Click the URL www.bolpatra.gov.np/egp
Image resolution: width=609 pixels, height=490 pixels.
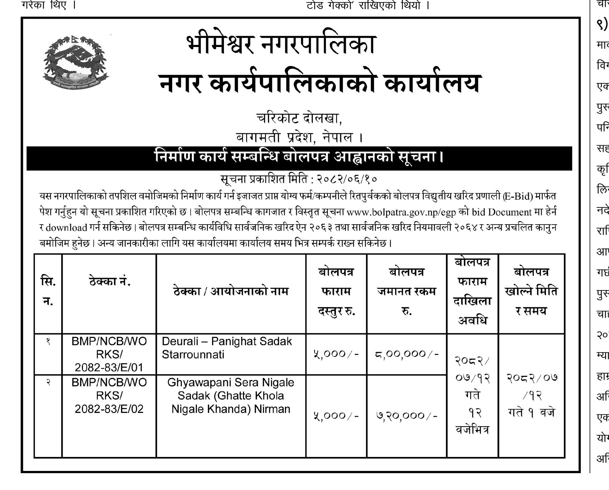[401, 212]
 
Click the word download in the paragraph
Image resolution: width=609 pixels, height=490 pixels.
[66, 228]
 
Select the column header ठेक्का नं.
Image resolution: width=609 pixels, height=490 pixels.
[109, 281]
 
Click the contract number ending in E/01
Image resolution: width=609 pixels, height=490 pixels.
[109, 354]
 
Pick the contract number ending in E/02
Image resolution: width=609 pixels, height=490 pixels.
[109, 396]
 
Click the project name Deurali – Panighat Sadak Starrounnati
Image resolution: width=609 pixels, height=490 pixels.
[227, 348]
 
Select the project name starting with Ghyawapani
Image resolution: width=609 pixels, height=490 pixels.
[230, 396]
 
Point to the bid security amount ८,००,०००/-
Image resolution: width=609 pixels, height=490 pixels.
[406, 354]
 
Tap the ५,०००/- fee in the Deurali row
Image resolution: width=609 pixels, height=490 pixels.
[336, 354]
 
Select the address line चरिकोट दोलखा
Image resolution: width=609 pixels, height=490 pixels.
[299, 119]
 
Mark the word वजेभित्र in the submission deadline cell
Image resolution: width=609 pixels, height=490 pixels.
[472, 430]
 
